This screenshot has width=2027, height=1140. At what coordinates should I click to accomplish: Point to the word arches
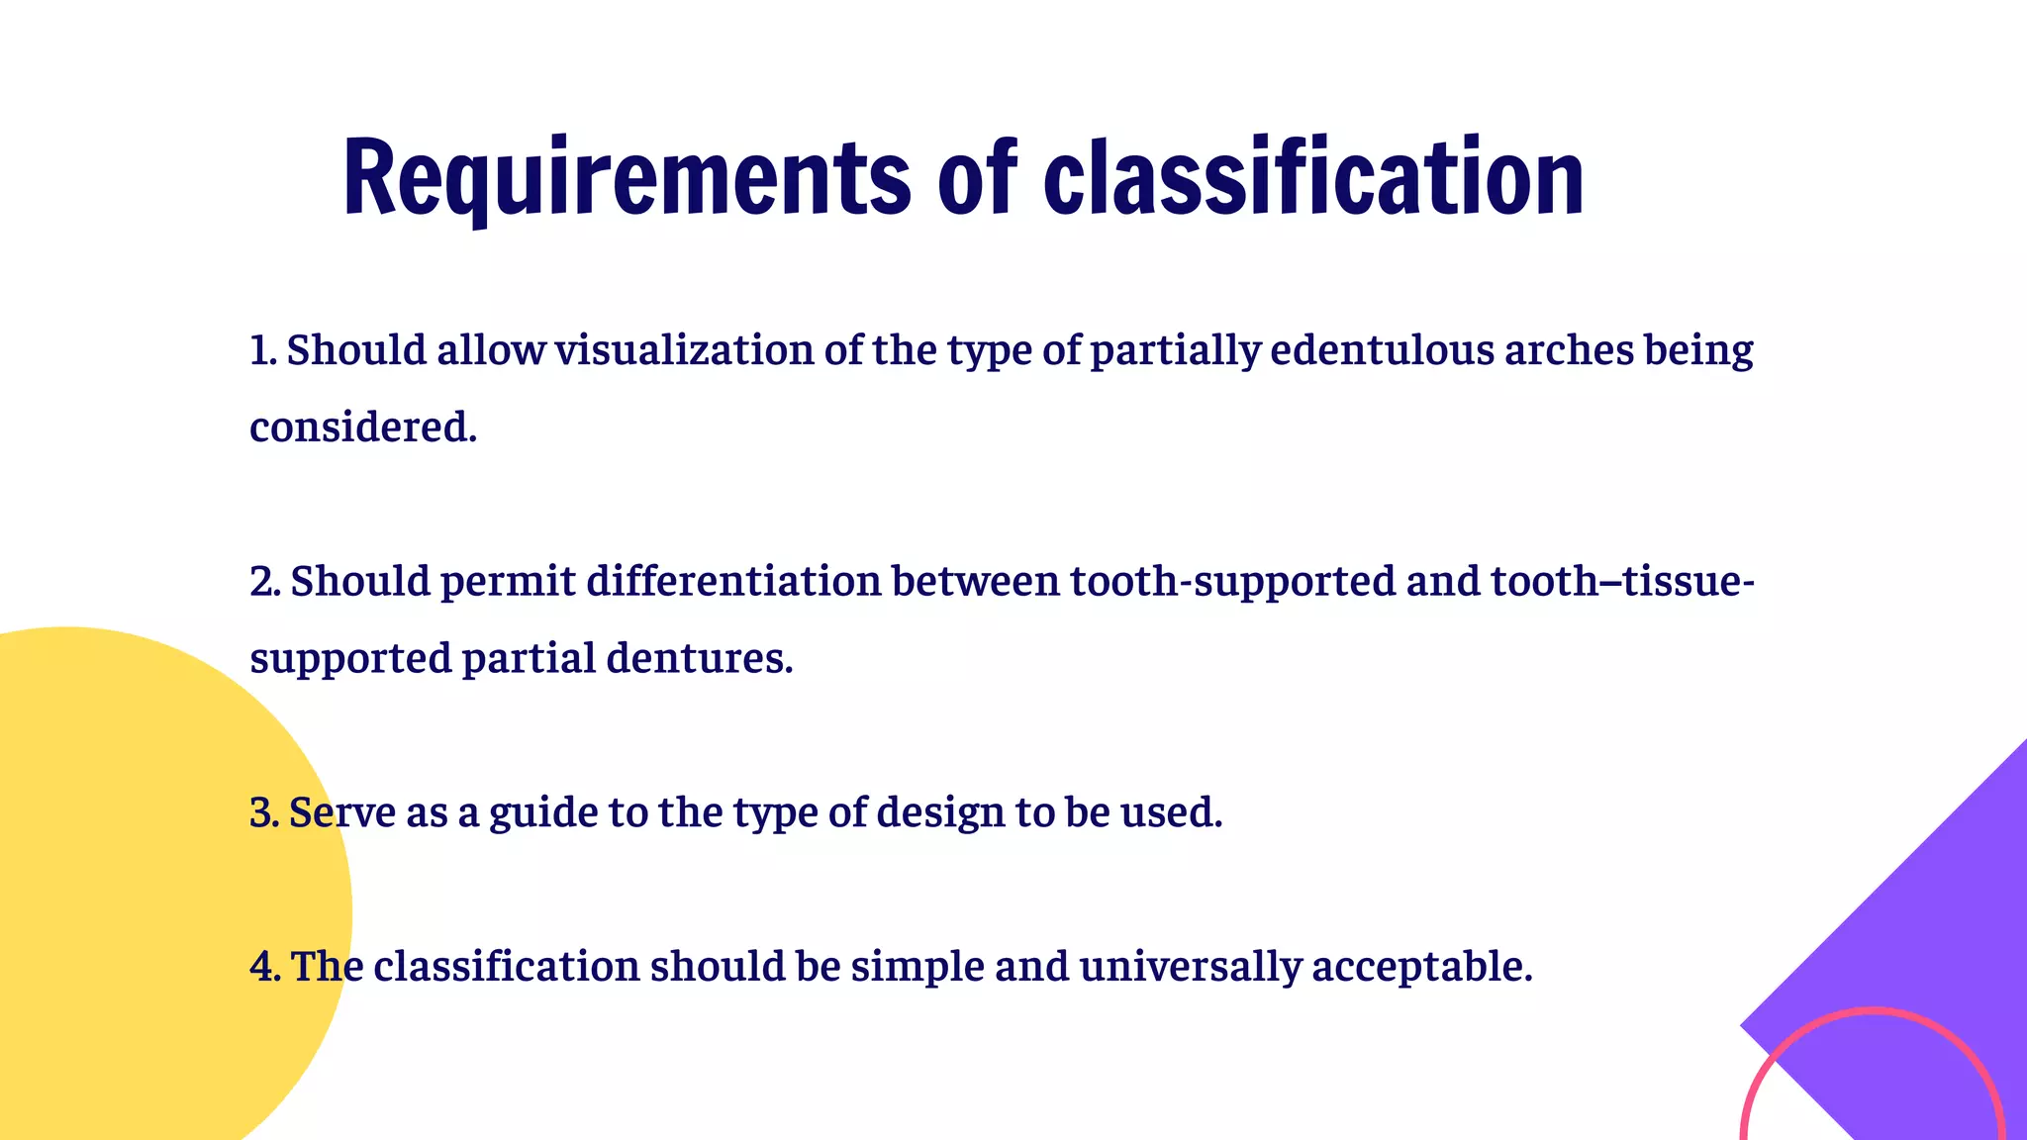pyautogui.click(x=1569, y=350)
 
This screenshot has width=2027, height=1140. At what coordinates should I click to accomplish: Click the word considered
pyautogui.click(x=362, y=427)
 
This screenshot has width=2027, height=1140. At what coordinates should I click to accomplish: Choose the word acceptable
pyautogui.click(x=1421, y=967)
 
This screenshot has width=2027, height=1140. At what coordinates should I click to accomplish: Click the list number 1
pyautogui.click(x=261, y=350)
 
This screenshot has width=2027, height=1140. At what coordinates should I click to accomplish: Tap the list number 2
pyautogui.click(x=263, y=581)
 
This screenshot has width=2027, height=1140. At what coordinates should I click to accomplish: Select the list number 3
pyautogui.click(x=263, y=813)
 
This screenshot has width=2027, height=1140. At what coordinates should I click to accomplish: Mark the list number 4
pyautogui.click(x=264, y=967)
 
